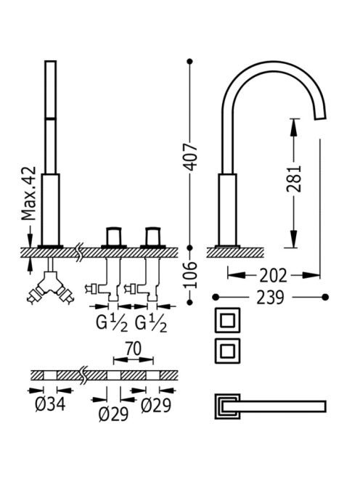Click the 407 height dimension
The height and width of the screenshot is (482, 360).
tap(191, 157)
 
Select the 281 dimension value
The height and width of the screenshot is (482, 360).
tap(294, 179)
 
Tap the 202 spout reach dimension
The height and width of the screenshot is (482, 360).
tap(273, 275)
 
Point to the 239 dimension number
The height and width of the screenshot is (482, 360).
tap(270, 297)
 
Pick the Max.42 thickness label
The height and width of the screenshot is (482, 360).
tap(28, 193)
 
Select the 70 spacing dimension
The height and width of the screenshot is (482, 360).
tap(133, 348)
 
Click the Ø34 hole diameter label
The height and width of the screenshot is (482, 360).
tap(50, 404)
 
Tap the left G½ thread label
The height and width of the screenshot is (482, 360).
tap(112, 323)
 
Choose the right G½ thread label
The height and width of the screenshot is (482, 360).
tap(151, 323)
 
